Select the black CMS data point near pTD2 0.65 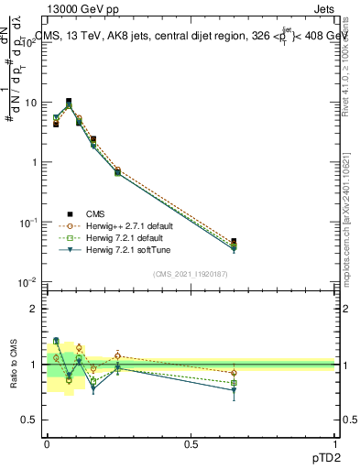235,242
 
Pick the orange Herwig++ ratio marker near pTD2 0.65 235,373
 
